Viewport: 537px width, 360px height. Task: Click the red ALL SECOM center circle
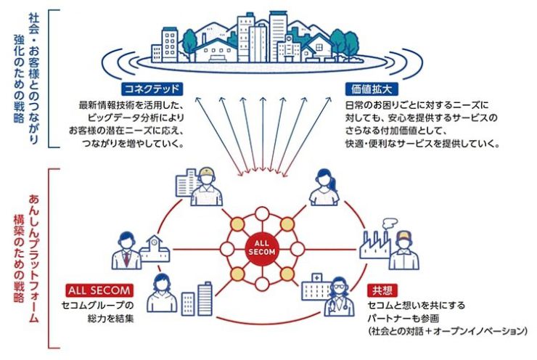[262, 249]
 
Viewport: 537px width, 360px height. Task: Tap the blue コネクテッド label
[152, 89]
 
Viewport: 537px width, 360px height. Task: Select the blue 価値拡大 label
[372, 89]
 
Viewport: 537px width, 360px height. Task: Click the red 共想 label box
[382, 290]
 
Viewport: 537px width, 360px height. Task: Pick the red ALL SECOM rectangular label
[99, 290]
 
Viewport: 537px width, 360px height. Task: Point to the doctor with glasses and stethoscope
[338, 298]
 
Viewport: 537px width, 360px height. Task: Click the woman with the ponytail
[324, 187]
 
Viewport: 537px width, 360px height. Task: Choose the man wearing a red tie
[126, 250]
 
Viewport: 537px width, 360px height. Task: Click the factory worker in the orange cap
[404, 250]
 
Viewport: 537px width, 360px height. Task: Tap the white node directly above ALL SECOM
[262, 214]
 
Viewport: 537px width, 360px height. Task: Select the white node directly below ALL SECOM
[262, 285]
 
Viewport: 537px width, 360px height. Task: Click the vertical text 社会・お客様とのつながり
[33, 78]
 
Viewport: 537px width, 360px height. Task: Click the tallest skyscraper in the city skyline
[277, 36]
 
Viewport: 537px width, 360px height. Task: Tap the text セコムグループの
[97, 305]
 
